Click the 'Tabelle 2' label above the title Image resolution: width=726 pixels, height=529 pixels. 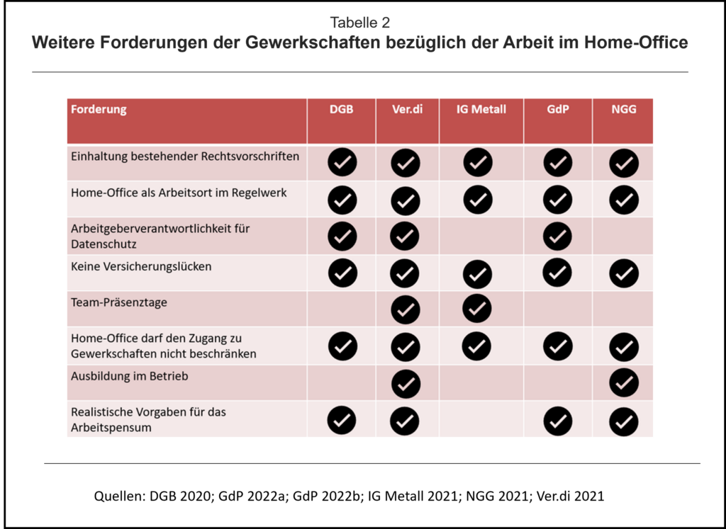(359, 22)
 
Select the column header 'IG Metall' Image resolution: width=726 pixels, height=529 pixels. (481, 110)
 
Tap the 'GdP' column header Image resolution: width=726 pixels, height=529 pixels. (557, 110)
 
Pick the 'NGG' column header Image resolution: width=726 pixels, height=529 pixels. (624, 110)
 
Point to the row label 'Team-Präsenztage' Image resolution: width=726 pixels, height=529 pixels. (119, 303)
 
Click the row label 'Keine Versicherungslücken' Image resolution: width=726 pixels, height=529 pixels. (141, 267)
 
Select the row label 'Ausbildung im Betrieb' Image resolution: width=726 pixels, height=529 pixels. (130, 377)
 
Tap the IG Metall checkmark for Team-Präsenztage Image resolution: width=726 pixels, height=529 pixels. (477, 309)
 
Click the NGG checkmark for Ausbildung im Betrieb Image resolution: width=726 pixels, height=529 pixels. (624, 383)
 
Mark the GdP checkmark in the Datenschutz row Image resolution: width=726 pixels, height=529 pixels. (557, 237)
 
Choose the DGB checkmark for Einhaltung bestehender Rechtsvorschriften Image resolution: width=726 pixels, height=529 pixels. (342, 163)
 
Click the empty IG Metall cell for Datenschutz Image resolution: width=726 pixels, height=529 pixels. (481, 236)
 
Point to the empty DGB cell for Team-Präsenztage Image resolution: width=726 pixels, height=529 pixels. (341, 309)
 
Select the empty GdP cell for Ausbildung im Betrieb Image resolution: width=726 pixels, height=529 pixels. (557, 382)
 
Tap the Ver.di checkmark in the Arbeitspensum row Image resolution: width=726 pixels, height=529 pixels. (405, 421)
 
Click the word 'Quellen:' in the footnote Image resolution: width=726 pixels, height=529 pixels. (120, 496)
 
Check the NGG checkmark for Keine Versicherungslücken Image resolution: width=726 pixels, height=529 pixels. (624, 273)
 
